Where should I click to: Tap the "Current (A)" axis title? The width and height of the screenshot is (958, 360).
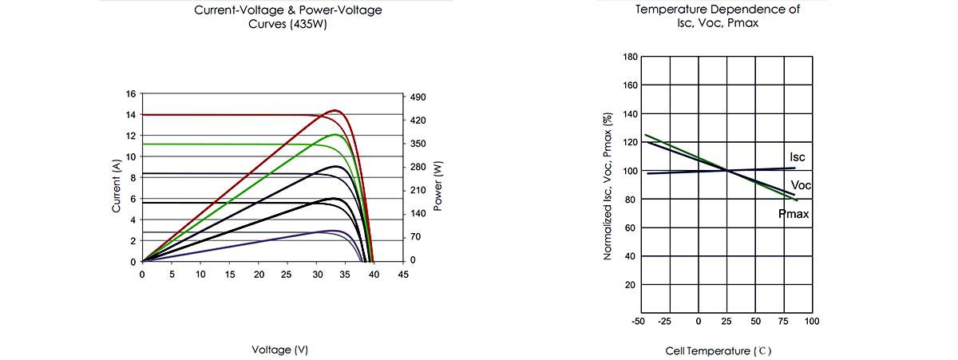[x=117, y=185]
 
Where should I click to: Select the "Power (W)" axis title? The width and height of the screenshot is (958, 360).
[x=438, y=185]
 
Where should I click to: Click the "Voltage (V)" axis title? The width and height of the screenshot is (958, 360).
[x=279, y=350]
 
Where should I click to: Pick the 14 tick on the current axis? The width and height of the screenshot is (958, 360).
[x=131, y=115]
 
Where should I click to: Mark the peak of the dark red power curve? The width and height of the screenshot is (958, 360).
[x=334, y=110]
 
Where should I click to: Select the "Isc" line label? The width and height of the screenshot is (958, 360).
[x=797, y=157]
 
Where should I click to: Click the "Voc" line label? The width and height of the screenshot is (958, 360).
[x=801, y=185]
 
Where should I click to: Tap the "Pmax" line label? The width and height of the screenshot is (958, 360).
[x=794, y=214]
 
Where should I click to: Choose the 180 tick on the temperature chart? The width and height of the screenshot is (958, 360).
[x=630, y=57]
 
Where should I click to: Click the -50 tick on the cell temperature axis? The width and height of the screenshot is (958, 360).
[x=637, y=321]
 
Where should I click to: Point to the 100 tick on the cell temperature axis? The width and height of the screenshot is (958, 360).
[x=812, y=321]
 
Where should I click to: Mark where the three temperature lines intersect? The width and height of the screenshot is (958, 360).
[x=727, y=169]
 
